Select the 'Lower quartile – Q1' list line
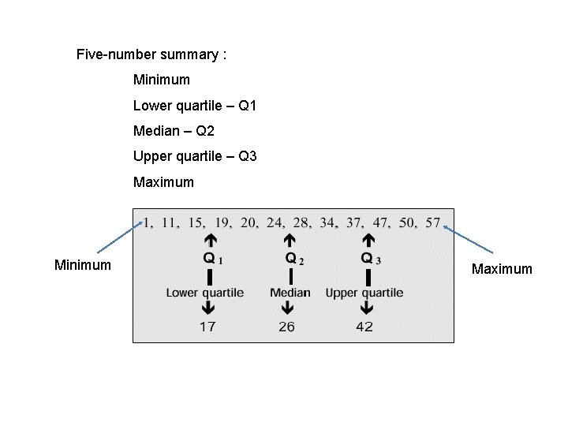coord(195,106)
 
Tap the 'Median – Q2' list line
coord(174,131)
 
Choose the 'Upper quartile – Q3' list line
coord(195,156)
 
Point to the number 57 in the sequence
coord(433,222)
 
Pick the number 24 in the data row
coord(275,222)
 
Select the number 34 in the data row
coord(327,222)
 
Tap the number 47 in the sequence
coord(381,222)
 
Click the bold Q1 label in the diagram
coord(212,258)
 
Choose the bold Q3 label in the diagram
coord(370,258)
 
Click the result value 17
coord(207,326)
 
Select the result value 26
coord(286,326)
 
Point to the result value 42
coord(364,326)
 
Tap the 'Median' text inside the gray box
coord(290,293)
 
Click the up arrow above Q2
coord(290,240)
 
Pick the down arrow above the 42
coord(367,308)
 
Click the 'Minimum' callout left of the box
coord(82,265)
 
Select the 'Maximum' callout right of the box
coord(502,269)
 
